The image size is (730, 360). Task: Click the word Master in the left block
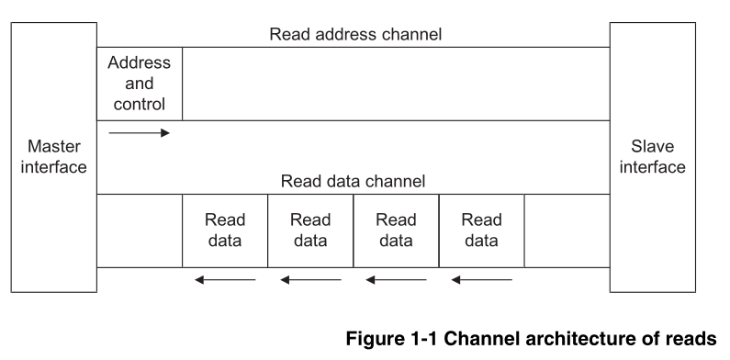tap(54, 147)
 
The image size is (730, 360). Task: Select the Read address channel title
tap(355, 35)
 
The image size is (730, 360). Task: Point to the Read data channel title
tap(353, 182)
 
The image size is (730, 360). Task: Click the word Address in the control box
tap(140, 63)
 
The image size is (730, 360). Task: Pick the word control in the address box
tap(140, 103)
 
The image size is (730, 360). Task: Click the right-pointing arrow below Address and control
tap(140, 133)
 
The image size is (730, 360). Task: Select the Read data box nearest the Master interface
tap(225, 231)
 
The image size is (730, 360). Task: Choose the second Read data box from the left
tap(310, 231)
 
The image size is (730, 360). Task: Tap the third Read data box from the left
tap(396, 231)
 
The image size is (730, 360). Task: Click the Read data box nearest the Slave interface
tap(481, 231)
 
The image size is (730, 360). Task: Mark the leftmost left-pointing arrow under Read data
tap(225, 279)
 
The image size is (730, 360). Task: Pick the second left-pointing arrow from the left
tap(310, 279)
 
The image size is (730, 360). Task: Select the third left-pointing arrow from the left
tap(396, 279)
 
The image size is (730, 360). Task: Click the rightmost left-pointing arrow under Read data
tap(481, 279)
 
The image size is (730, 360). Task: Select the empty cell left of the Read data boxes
tap(140, 231)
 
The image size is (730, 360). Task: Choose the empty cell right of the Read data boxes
tap(567, 231)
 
